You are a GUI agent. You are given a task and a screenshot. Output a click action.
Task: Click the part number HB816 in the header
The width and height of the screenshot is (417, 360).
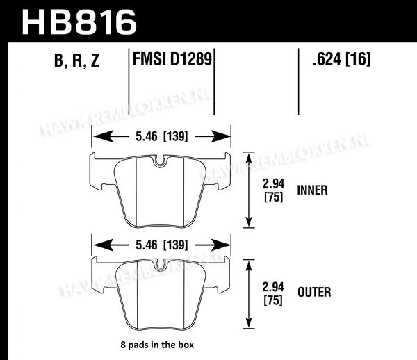tap(79, 22)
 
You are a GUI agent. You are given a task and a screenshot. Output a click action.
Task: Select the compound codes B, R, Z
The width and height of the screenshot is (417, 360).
tap(76, 60)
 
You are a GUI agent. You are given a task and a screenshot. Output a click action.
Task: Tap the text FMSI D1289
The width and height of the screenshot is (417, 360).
tap(172, 59)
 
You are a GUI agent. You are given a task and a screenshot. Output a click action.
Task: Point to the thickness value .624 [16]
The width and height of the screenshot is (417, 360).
tap(342, 59)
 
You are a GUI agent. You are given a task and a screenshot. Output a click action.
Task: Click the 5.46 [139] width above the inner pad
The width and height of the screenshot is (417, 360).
tap(162, 136)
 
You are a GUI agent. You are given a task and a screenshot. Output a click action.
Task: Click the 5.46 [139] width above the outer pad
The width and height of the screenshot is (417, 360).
tap(162, 245)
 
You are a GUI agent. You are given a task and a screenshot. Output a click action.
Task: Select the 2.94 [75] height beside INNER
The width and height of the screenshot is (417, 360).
tap(273, 190)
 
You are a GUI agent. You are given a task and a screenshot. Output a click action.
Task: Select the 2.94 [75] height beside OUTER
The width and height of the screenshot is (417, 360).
tap(273, 293)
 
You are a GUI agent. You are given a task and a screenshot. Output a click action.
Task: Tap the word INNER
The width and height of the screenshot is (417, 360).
tap(312, 190)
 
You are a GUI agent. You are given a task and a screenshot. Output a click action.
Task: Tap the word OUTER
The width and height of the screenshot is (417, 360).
tap(314, 292)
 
